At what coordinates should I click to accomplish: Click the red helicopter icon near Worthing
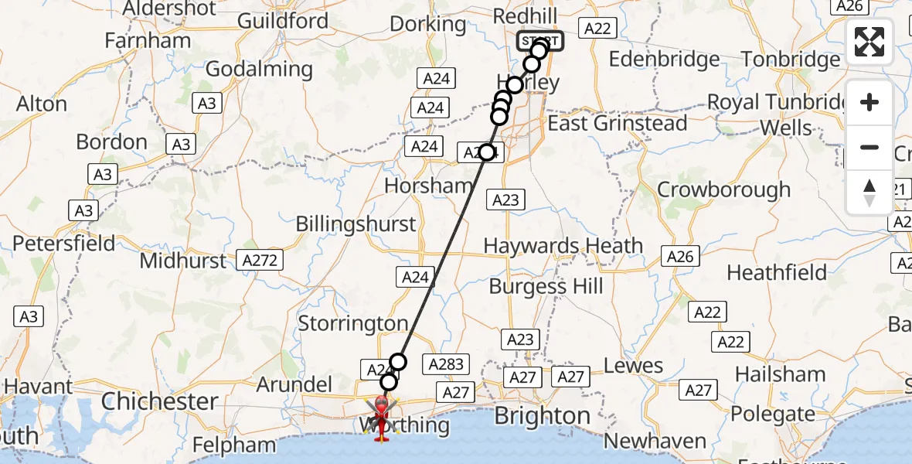(383, 416)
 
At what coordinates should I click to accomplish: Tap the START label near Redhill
(540, 41)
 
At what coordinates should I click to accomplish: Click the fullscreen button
(869, 42)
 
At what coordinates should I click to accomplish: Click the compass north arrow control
(869, 193)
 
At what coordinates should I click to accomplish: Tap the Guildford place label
(278, 20)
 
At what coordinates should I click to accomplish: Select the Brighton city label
(543, 416)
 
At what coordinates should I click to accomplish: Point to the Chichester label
(159, 401)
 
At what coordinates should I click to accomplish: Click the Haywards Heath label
(563, 246)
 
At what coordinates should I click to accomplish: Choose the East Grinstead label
(617, 123)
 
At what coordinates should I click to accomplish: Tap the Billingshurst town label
(356, 224)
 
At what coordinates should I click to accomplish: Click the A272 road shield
(260, 260)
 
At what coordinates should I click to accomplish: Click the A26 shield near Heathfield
(680, 257)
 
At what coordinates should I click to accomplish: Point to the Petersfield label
(63, 244)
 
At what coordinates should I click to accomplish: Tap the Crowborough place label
(723, 189)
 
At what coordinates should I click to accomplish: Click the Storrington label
(352, 323)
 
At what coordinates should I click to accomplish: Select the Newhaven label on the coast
(655, 442)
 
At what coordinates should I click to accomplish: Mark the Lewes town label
(633, 366)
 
